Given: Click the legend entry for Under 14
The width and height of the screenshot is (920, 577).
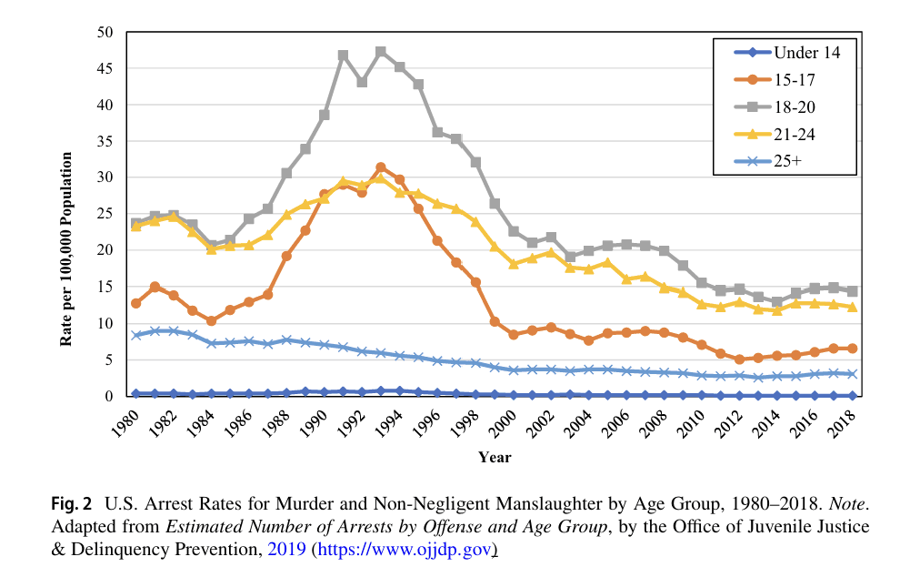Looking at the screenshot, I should pyautogui.click(x=801, y=53).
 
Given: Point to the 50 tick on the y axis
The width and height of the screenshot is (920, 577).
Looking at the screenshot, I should pyautogui.click(x=105, y=32).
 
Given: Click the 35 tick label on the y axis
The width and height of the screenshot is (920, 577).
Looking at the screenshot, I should pyautogui.click(x=105, y=141).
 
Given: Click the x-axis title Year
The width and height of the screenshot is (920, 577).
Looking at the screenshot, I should pyautogui.click(x=495, y=457).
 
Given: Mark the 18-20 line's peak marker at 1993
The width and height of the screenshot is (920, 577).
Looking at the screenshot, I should pyautogui.click(x=381, y=52).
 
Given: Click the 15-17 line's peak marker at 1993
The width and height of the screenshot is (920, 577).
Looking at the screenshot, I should pyautogui.click(x=381, y=167).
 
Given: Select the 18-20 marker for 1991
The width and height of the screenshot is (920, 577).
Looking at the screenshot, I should pyautogui.click(x=344, y=56).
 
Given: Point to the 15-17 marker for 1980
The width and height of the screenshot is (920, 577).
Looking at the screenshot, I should pyautogui.click(x=136, y=303).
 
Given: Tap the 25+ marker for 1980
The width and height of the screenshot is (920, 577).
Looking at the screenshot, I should pyautogui.click(x=136, y=335).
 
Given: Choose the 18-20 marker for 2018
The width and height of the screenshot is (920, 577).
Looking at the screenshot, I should pyautogui.click(x=852, y=291).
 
